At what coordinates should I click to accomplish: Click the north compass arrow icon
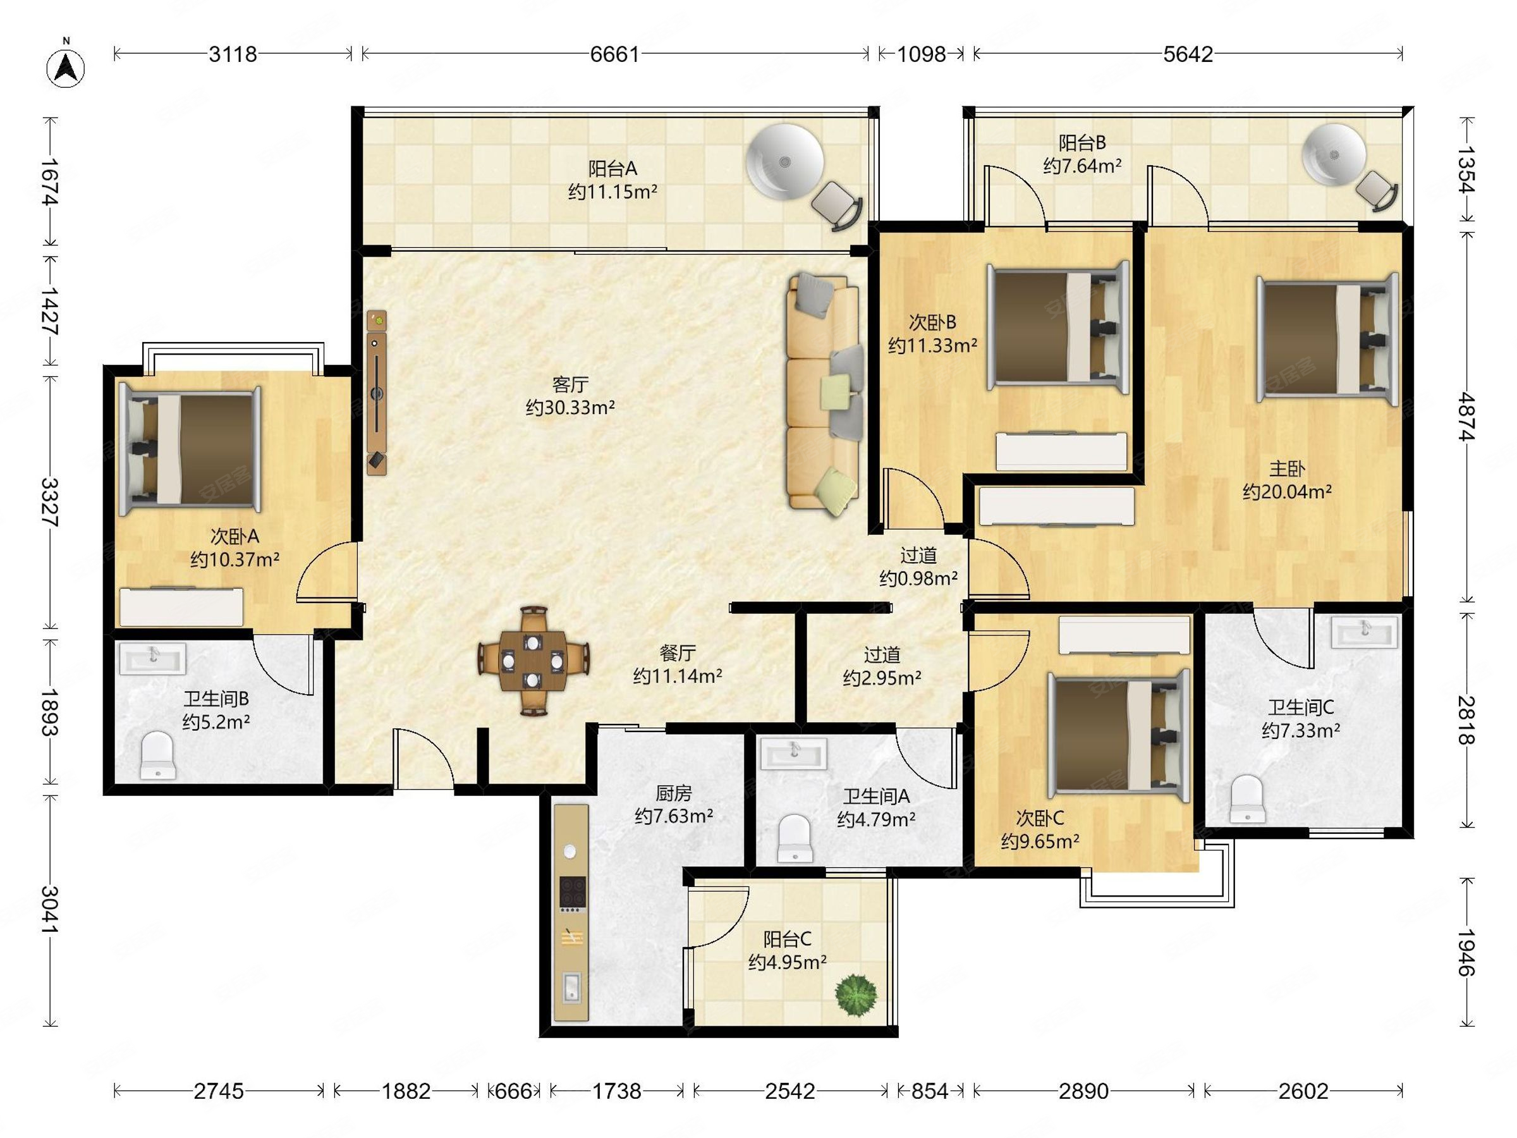(x=66, y=68)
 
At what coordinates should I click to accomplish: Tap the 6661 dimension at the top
(x=614, y=54)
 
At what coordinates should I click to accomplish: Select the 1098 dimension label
(x=921, y=54)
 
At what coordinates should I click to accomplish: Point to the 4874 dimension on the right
(x=1466, y=416)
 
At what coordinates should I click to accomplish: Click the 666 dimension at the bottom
(x=514, y=1091)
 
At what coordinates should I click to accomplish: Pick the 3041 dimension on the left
(x=50, y=909)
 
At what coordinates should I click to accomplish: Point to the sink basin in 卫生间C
(x=1363, y=632)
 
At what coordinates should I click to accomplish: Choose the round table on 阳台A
(x=784, y=162)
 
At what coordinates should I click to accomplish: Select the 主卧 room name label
(x=1286, y=469)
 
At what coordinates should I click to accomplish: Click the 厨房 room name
(x=673, y=793)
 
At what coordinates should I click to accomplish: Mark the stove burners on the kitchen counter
(x=572, y=893)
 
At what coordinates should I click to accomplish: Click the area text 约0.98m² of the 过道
(x=918, y=579)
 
